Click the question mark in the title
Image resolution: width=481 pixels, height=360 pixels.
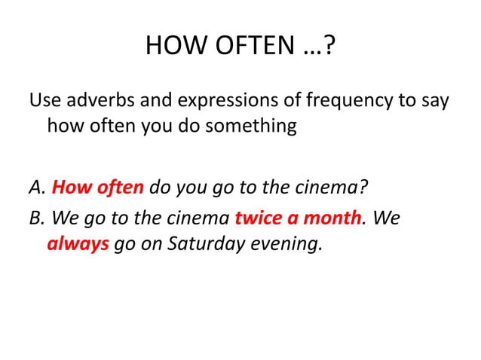330,47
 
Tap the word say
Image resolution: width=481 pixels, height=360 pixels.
434,100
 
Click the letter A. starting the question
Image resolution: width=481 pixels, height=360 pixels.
37,186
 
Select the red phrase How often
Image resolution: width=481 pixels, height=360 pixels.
99,186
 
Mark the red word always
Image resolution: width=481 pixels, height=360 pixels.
78,245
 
